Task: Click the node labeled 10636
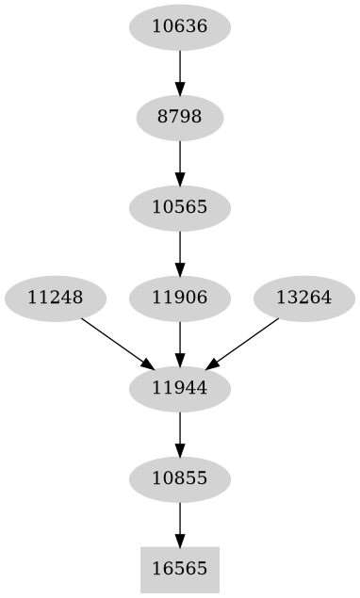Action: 179,27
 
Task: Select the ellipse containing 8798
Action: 179,118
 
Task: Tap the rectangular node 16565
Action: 179,570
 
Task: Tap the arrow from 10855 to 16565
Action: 179,524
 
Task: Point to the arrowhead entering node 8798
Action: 179,88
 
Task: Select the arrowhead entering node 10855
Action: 179,449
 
